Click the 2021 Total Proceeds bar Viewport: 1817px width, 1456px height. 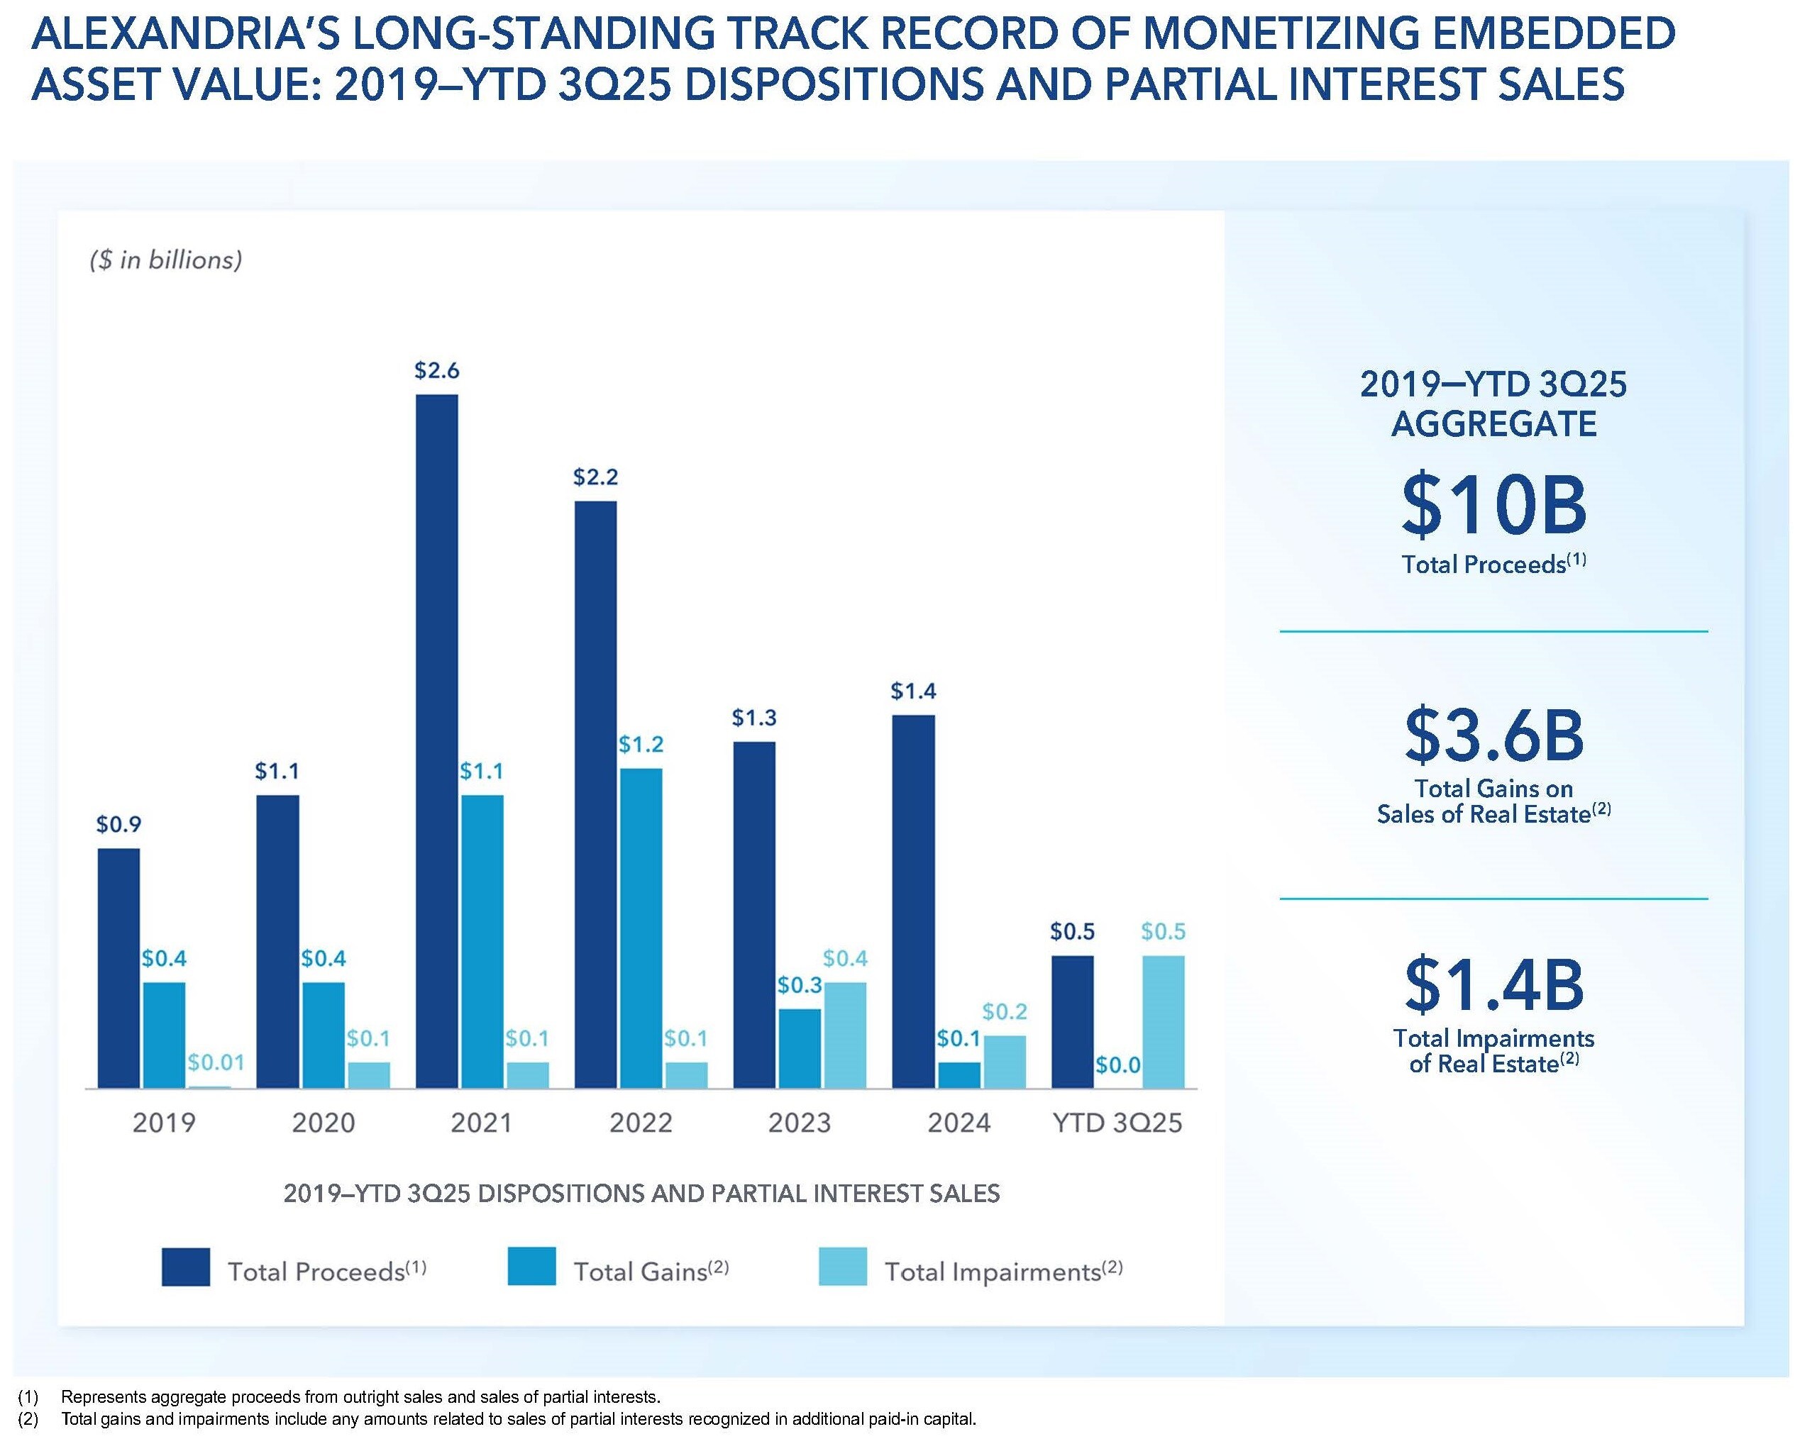(x=436, y=742)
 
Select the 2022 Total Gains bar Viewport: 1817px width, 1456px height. (x=641, y=928)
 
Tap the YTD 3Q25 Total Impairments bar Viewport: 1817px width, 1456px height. (x=1163, y=1021)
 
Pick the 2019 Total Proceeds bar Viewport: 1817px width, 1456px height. (x=118, y=968)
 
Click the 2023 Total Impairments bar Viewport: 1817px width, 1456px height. (x=844, y=1035)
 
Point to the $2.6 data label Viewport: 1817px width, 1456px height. (x=436, y=371)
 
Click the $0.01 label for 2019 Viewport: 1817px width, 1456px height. (x=216, y=1062)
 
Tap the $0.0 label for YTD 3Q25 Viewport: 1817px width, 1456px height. (x=1117, y=1065)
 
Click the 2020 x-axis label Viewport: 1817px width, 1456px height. (x=323, y=1123)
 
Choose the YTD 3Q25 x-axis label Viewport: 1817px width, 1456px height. (x=1117, y=1123)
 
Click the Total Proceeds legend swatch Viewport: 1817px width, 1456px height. (x=185, y=1267)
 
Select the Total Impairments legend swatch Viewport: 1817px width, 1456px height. (x=842, y=1267)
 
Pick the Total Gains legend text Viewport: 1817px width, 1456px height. (x=650, y=1271)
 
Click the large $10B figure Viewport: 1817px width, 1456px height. (x=1493, y=506)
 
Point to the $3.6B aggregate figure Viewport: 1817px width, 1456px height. (x=1493, y=735)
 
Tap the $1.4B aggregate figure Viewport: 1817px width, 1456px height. (x=1493, y=984)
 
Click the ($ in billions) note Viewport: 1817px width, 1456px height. (x=166, y=260)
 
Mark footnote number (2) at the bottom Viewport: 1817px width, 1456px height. (x=28, y=1420)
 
